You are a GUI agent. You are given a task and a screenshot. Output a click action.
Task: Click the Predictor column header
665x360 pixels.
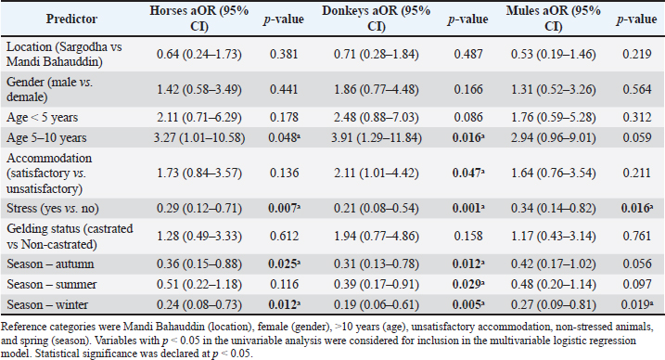[71, 19]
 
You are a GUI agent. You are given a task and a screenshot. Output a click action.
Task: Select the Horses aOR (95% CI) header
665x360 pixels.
[198, 19]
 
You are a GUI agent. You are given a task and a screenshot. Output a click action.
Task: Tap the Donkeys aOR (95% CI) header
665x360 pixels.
[377, 19]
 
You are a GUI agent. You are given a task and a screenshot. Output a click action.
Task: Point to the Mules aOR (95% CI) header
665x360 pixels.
[553, 19]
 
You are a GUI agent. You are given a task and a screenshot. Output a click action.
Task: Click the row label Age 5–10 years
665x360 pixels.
[46, 138]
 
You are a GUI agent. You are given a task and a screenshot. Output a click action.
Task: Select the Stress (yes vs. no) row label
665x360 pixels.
[53, 208]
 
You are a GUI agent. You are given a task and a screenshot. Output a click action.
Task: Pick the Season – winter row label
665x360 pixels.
[47, 305]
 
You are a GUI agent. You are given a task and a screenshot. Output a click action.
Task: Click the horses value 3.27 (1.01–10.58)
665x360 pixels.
[200, 138]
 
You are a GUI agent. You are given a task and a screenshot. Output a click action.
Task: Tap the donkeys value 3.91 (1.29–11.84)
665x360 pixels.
[377, 138]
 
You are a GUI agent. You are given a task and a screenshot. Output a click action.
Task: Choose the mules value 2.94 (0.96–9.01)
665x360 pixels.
[553, 138]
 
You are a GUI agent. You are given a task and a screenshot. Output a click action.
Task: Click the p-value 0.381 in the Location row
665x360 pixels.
[284, 54]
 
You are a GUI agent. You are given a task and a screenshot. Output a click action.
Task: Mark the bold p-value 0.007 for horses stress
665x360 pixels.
[284, 208]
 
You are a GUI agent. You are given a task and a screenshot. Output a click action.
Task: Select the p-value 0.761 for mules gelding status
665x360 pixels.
[636, 236]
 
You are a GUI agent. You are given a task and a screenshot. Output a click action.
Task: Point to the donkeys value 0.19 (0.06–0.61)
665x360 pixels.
[377, 305]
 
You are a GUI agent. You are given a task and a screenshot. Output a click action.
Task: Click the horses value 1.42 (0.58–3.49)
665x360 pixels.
[198, 89]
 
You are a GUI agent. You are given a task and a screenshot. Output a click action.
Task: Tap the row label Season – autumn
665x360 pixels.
[50, 264]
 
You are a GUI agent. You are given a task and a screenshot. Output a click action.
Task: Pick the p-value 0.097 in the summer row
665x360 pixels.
[636, 285]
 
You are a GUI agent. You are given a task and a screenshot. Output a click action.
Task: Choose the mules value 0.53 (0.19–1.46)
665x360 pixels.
[553, 54]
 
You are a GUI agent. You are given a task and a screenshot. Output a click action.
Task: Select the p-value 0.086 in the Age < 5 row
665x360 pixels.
[468, 118]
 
